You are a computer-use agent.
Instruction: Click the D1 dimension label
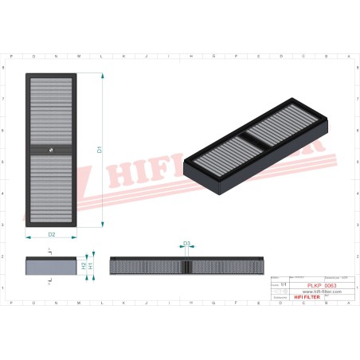coord(99,148)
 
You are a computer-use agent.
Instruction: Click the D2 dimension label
coord(52,235)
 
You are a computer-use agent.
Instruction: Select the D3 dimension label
coord(186,244)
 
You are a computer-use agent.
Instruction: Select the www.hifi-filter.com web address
coord(322,292)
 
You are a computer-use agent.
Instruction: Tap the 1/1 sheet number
coord(284,282)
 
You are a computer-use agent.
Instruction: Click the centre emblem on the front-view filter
coord(51,148)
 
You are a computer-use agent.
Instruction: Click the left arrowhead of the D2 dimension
coord(28,237)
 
